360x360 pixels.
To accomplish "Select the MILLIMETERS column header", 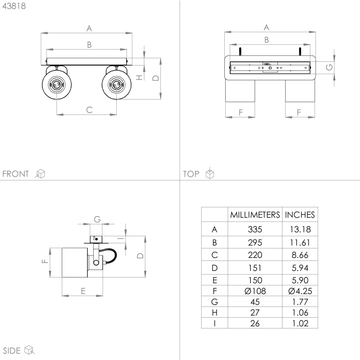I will [255, 215].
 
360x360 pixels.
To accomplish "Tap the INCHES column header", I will [300, 215].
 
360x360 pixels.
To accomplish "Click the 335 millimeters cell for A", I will [255, 229].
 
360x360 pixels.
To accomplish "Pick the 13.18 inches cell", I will [300, 229].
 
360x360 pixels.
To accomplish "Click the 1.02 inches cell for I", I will [300, 323].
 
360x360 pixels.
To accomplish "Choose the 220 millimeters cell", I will [255, 254].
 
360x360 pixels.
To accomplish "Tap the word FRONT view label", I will [16, 174].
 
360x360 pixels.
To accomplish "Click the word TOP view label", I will [191, 174].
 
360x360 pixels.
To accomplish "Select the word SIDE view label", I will [12, 350].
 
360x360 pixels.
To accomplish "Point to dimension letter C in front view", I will [89, 109].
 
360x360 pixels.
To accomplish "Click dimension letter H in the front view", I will [140, 77].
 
